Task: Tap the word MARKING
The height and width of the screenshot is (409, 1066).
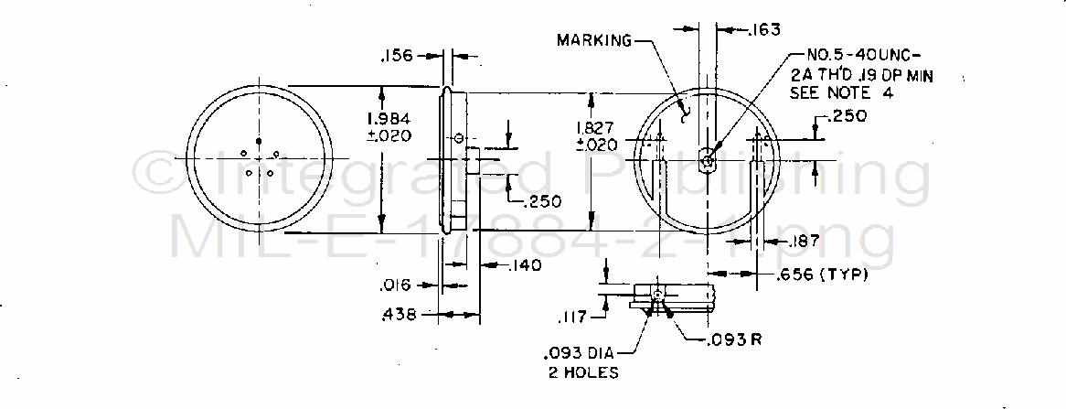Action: pyautogui.click(x=595, y=39)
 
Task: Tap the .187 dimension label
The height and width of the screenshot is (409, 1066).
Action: pyautogui.click(x=801, y=241)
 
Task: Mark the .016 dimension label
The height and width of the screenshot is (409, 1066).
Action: pyautogui.click(x=399, y=285)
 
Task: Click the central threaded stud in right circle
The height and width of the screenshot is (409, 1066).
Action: pyautogui.click(x=708, y=161)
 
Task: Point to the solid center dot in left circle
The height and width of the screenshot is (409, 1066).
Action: pyautogui.click(x=260, y=140)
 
